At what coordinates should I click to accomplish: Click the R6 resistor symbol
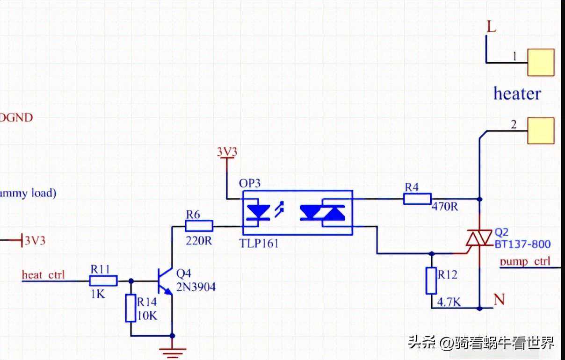coord(199,226)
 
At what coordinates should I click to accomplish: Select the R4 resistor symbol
coord(417,199)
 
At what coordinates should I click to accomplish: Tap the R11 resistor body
coord(103,281)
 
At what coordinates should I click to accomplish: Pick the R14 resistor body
coord(130,308)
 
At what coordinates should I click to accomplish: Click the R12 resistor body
coord(431,281)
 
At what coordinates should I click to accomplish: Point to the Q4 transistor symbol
coord(165,281)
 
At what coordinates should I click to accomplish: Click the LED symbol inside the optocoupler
coord(259,212)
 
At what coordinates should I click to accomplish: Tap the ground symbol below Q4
coord(173,350)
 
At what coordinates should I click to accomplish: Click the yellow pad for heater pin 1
coord(541,62)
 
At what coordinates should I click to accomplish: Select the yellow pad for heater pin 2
coord(541,130)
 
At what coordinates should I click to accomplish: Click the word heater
coord(517,94)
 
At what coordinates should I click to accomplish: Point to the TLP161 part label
coord(260,243)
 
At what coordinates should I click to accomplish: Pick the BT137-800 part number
coord(522,244)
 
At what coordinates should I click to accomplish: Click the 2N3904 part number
coord(196,287)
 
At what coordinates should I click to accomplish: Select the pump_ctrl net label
coord(525,261)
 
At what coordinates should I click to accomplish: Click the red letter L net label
coord(491,27)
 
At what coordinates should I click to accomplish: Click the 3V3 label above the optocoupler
coord(227,152)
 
